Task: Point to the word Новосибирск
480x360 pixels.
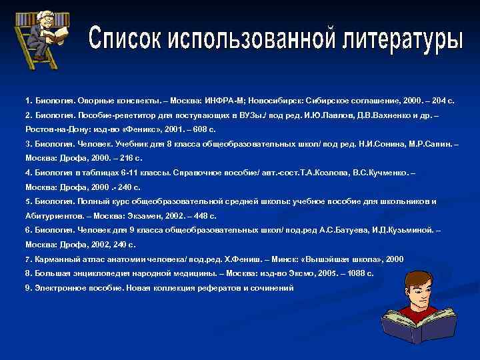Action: [273, 101]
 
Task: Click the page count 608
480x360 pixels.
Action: [198, 129]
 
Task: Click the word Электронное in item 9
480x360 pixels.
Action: [61, 287]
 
